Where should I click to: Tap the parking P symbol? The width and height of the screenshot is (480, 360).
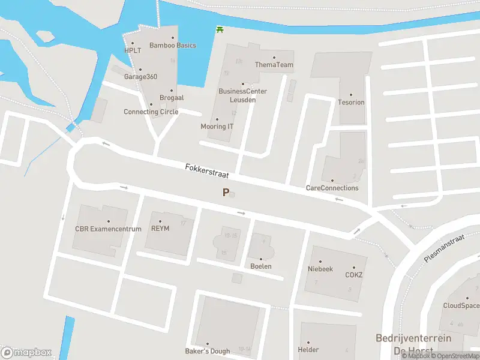[226, 193]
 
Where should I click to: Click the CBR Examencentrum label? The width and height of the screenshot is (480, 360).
[108, 229]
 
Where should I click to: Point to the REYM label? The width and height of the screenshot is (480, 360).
[161, 229]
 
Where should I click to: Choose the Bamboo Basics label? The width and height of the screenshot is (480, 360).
[173, 46]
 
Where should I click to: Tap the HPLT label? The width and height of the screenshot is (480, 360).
[132, 50]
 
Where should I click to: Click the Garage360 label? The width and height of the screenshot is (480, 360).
[140, 77]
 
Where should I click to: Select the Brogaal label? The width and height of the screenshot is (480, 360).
[172, 97]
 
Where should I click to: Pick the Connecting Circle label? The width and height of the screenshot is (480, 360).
[151, 112]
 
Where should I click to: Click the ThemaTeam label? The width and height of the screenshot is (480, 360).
[274, 65]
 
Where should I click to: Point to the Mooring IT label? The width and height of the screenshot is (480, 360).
[217, 127]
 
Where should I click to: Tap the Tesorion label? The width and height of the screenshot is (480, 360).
[351, 102]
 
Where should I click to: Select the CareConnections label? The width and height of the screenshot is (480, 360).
[332, 188]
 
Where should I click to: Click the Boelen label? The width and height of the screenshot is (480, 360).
[261, 266]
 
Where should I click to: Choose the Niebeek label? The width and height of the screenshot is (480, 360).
[320, 269]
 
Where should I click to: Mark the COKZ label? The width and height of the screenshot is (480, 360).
[354, 275]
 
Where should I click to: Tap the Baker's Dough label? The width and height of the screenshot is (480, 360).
[207, 351]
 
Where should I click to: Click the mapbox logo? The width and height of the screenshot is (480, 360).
[26, 353]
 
